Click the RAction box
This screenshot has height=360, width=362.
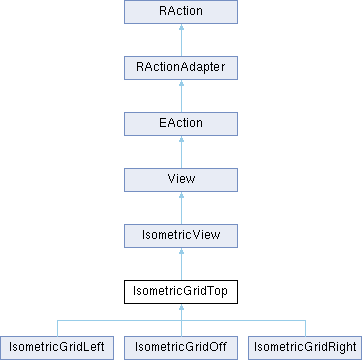(x=180, y=13)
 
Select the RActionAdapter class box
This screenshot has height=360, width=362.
(x=180, y=69)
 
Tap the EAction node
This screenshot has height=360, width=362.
(x=180, y=125)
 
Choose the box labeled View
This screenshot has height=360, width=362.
(x=180, y=181)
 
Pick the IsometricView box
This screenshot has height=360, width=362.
(x=180, y=237)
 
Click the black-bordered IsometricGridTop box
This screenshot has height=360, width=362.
(x=180, y=293)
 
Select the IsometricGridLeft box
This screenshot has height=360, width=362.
(x=58, y=348)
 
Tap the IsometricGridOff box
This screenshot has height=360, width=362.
(x=180, y=348)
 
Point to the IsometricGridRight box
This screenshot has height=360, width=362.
(x=303, y=348)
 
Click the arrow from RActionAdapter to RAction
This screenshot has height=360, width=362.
(x=180, y=41)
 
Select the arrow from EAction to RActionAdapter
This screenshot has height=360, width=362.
(x=180, y=97)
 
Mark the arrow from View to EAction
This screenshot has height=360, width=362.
(x=180, y=153)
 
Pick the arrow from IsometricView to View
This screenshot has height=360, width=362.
(x=180, y=209)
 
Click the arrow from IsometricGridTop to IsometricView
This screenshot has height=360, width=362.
(x=180, y=265)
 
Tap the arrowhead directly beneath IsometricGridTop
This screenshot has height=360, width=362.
(x=180, y=311)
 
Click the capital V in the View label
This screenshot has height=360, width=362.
(x=167, y=181)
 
